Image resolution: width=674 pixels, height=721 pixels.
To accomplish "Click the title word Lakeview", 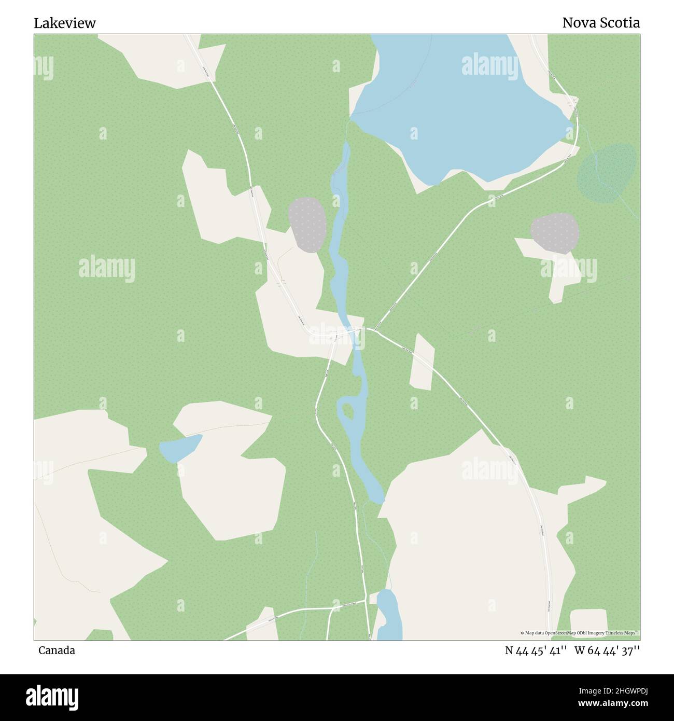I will pos(65,23).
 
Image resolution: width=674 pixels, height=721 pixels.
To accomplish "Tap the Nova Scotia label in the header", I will pos(601,23).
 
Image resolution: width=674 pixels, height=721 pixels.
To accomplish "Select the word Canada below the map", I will pos(57,650).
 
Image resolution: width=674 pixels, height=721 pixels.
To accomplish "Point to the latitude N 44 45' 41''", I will pos(536,650).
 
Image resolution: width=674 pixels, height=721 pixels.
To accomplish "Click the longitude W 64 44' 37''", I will pos(607,650).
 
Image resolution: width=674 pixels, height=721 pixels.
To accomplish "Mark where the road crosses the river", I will pos(356,331).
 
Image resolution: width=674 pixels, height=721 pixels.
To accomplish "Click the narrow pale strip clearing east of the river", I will pos(422,362).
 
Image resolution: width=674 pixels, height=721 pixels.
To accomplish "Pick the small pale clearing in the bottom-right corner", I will pos(588,623).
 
